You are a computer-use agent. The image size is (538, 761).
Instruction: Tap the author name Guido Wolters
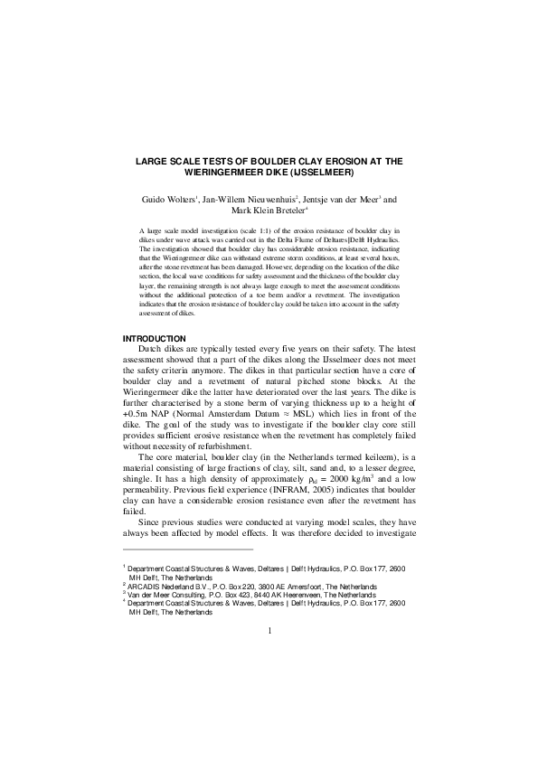tap(165, 199)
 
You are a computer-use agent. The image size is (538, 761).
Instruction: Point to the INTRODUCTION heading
tap(154, 338)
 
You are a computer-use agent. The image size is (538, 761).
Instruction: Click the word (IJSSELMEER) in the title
tap(318, 171)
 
